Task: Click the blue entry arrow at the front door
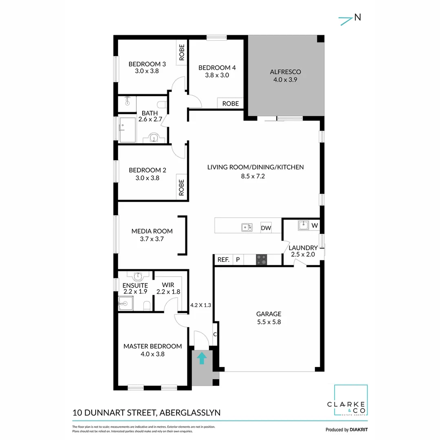(x=201, y=359)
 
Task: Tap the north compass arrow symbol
(x=346, y=20)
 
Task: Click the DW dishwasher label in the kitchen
(x=266, y=228)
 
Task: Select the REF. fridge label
(x=223, y=260)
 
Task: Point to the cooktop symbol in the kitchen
(x=262, y=260)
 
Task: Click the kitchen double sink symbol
(x=246, y=227)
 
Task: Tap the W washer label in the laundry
(x=315, y=225)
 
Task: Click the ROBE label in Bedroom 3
(x=182, y=52)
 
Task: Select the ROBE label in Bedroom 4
(x=230, y=103)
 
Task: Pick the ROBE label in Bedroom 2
(x=182, y=187)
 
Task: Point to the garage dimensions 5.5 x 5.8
(x=268, y=321)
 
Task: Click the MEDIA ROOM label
(x=152, y=231)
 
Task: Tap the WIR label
(x=168, y=285)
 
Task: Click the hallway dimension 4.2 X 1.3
(x=201, y=304)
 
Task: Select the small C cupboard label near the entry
(x=215, y=334)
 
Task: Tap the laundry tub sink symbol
(x=304, y=225)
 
